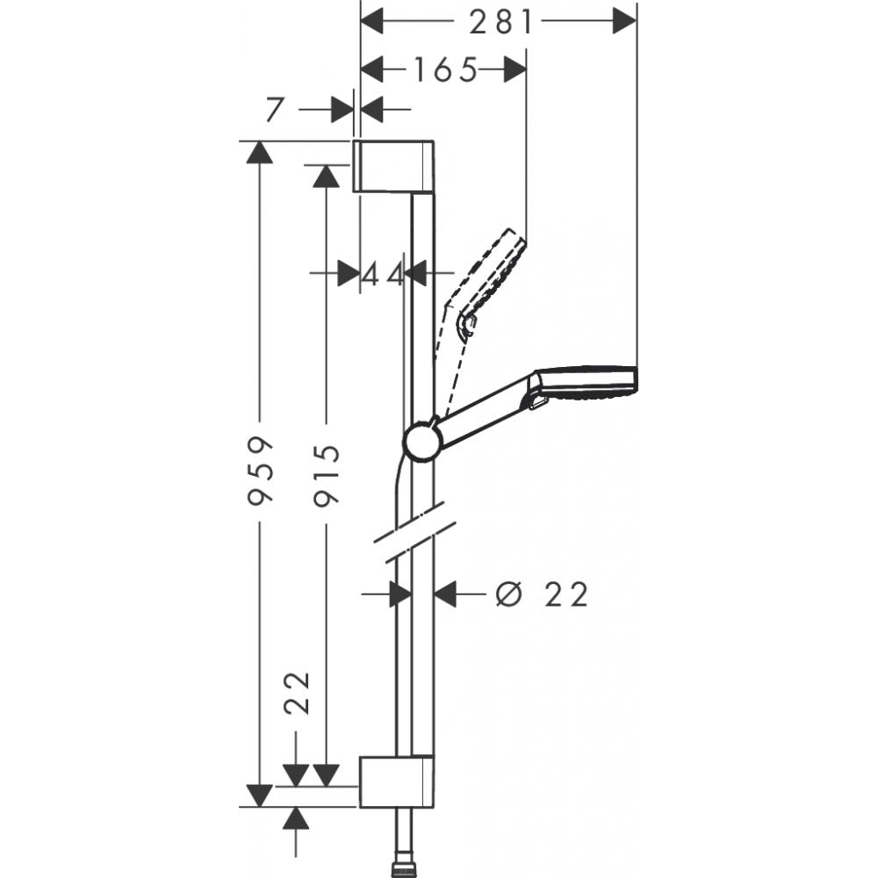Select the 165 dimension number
[444, 69]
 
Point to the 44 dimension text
[383, 274]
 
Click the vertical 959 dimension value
[259, 471]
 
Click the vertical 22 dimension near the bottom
[298, 695]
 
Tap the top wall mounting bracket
[394, 164]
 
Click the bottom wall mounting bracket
[394, 781]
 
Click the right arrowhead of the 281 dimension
[623, 21]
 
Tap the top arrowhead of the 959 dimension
[257, 152]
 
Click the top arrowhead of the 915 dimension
[327, 176]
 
